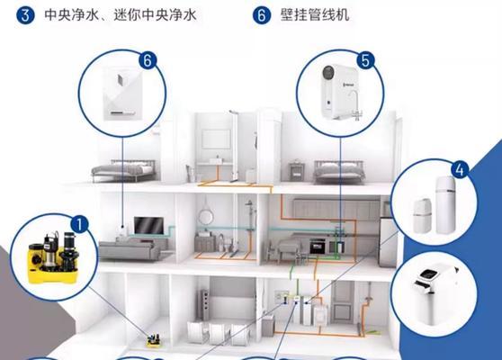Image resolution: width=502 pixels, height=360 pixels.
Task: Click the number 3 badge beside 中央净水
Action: tap(25, 15)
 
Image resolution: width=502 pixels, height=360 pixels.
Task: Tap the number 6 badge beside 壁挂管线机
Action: tap(262, 15)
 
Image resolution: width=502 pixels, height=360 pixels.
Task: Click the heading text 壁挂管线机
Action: tap(315, 14)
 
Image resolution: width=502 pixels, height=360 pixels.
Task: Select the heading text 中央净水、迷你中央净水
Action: tap(121, 14)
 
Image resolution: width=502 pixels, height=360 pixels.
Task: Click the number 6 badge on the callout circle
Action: tap(148, 60)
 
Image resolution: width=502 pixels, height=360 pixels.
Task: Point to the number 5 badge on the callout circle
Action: tap(365, 60)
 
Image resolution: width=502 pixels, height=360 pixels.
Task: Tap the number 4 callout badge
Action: tap(460, 170)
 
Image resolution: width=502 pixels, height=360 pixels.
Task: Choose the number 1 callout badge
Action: tap(79, 223)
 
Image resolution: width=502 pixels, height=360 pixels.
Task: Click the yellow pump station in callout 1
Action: tap(53, 257)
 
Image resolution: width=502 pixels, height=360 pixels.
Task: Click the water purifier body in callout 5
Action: tap(336, 91)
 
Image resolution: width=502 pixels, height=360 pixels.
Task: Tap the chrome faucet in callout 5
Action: tap(355, 105)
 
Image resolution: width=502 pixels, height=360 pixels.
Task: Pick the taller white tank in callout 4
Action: tap(445, 205)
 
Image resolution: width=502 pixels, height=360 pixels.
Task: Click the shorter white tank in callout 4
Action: tap(422, 216)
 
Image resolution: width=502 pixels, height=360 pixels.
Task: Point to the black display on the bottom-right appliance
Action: tap(430, 274)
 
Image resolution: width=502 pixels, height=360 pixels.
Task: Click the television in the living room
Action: tap(148, 226)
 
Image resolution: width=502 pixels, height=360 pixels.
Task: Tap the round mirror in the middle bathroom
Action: tap(205, 217)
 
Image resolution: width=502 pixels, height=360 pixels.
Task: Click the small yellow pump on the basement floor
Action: tap(154, 340)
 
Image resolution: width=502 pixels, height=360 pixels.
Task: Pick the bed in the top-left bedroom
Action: tap(124, 171)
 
